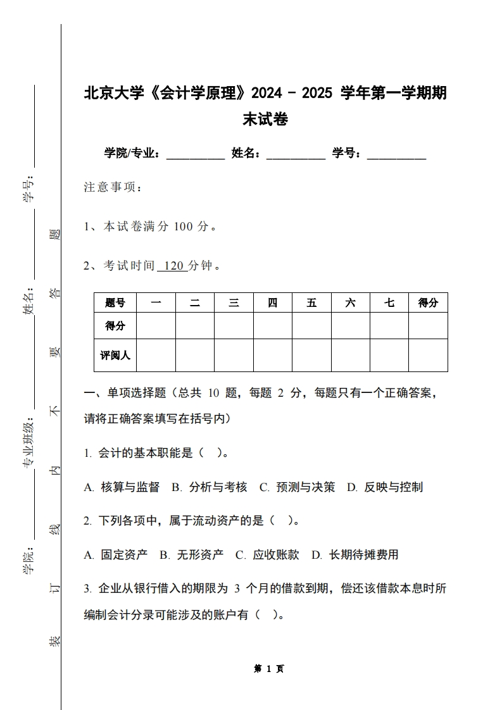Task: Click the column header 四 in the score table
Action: tap(272, 303)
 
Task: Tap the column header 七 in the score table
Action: tap(389, 303)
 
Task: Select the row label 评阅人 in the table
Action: tap(115, 356)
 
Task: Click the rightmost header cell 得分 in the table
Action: tap(428, 303)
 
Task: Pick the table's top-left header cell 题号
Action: tap(115, 303)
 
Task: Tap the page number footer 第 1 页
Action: tap(268, 669)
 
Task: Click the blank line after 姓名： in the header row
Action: tap(296, 154)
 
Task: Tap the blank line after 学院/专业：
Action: tap(195, 154)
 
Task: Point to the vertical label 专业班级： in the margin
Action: tap(29, 444)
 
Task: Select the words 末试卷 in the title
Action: tap(265, 119)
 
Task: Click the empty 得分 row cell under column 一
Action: tap(156, 327)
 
